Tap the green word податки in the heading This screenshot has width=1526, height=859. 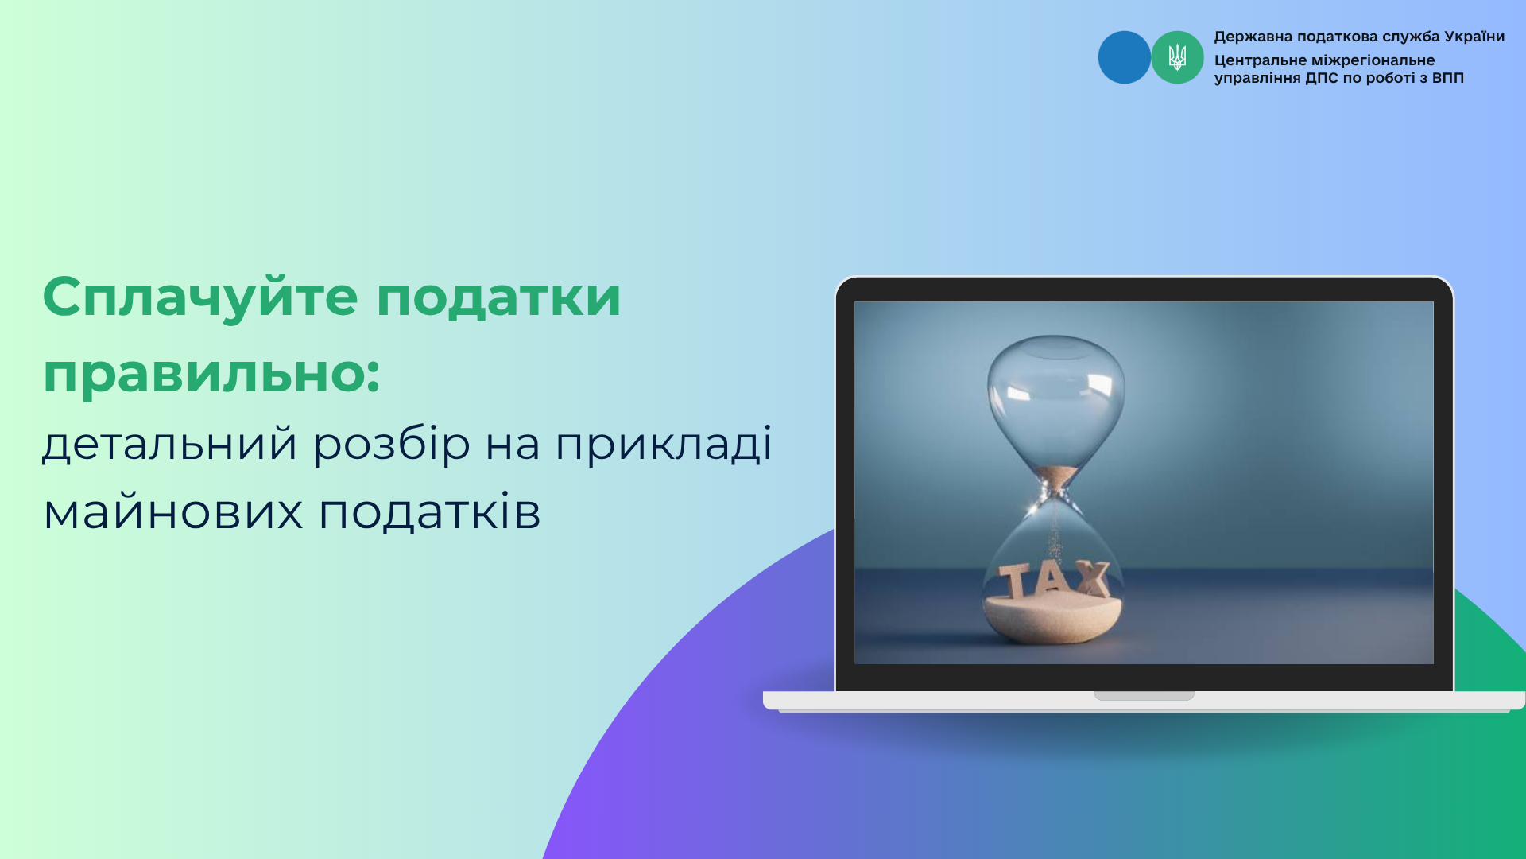[498, 297]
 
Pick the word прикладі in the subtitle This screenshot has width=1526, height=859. [664, 444]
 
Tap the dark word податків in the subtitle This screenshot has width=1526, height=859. [430, 511]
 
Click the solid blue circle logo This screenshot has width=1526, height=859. [1124, 57]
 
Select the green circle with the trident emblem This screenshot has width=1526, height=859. [1177, 57]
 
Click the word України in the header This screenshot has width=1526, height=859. [1474, 37]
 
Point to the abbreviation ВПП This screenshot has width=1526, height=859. [1448, 78]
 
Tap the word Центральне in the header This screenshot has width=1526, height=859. [1261, 60]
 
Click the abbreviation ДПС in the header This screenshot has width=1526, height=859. [1322, 78]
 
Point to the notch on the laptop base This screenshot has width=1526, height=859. [1144, 696]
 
